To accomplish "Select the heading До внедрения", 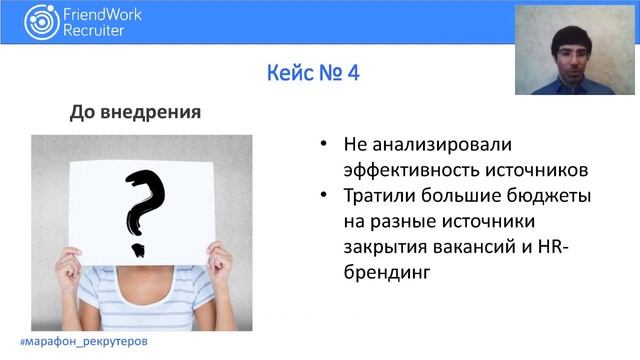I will (135, 111).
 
